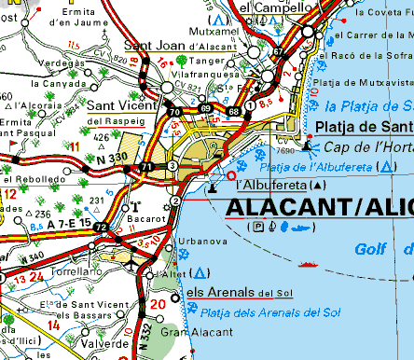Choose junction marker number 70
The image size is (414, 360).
pos(173,113)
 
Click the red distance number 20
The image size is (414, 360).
pos(157,304)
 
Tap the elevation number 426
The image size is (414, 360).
pos(101,138)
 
